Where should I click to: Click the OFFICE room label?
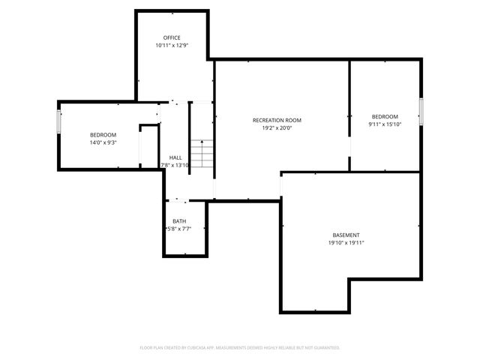click(x=172, y=37)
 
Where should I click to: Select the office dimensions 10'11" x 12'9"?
click(x=172, y=46)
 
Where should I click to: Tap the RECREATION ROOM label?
click(x=277, y=120)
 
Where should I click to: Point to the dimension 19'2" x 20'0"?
click(x=277, y=128)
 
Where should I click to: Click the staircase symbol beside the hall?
click(x=201, y=154)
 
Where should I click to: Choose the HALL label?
click(x=175, y=157)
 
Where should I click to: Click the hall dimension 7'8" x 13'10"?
click(x=175, y=165)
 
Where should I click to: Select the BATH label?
click(x=179, y=221)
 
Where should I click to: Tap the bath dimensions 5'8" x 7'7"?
click(x=178, y=229)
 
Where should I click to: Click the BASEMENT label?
click(x=346, y=235)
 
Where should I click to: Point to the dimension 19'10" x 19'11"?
click(x=346, y=243)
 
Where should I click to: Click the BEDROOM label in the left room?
click(x=103, y=134)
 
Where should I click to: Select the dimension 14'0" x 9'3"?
click(x=103, y=142)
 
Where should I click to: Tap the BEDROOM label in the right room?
click(x=385, y=116)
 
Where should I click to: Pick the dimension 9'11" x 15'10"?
click(x=385, y=124)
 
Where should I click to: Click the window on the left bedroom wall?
click(x=59, y=121)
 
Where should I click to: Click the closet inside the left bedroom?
click(x=149, y=146)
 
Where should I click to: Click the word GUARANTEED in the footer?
click(x=325, y=348)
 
